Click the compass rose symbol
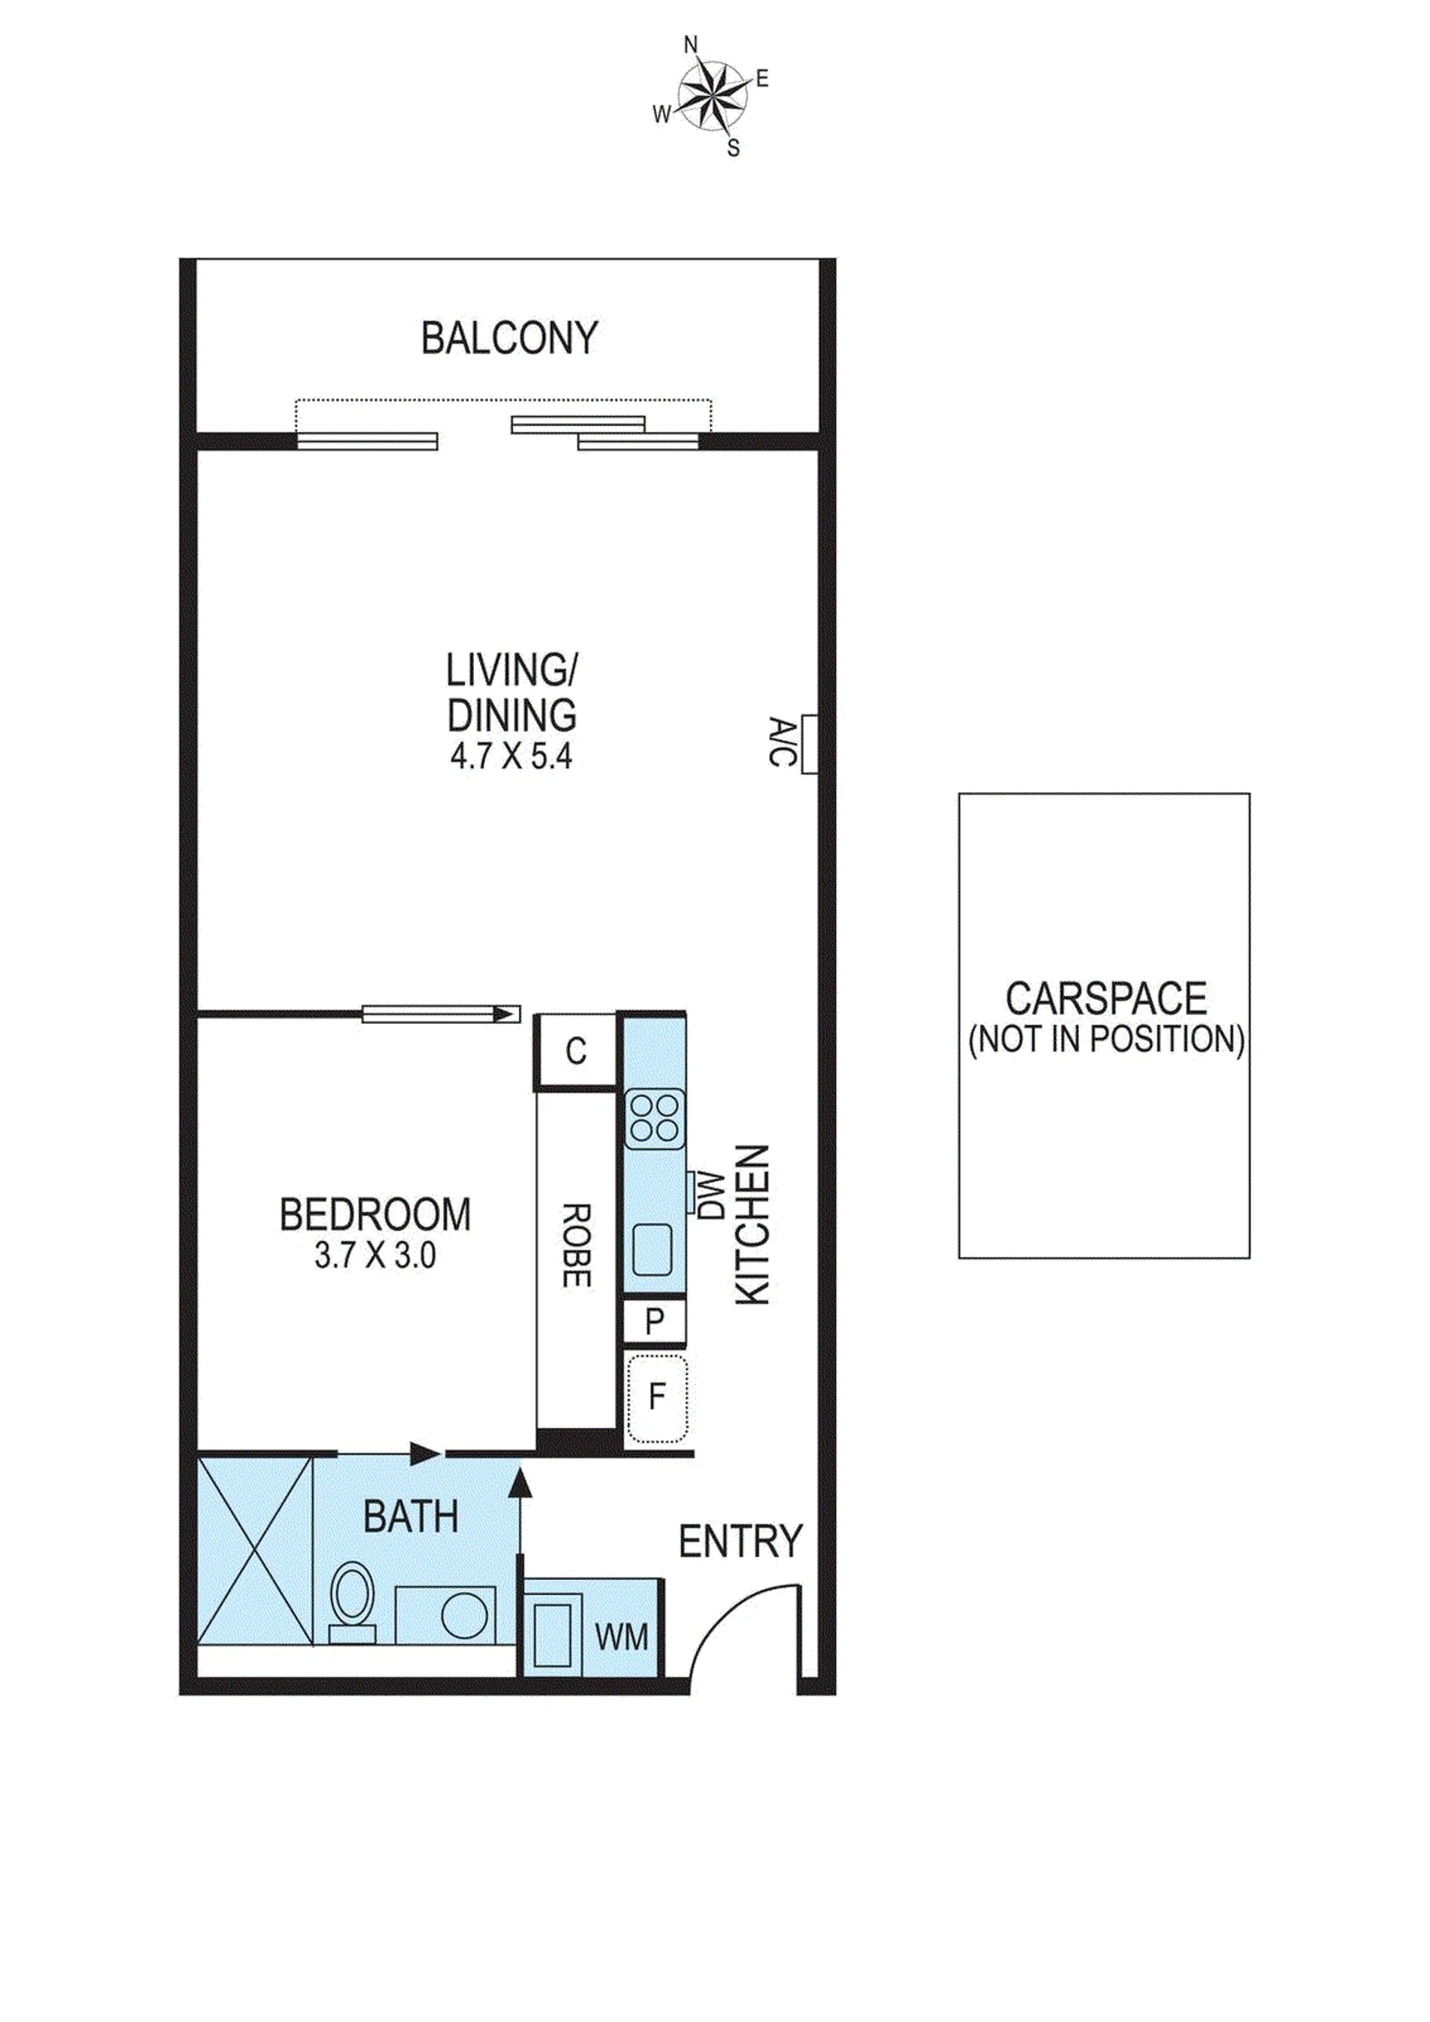709,95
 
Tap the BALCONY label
509,338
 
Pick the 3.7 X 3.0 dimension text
375,1255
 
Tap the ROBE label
576,1245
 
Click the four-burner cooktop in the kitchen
655,1119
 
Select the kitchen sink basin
654,1250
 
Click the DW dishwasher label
709,1194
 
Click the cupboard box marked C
575,1051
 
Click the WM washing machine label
621,1637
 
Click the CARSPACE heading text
1106,999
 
